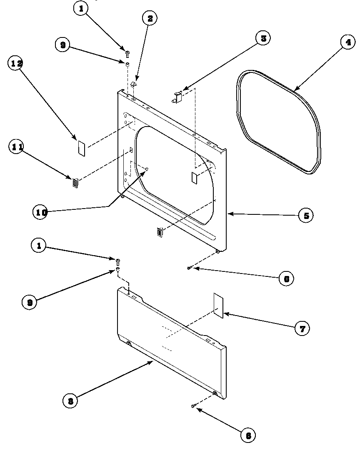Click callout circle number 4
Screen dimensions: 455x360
tap(348, 42)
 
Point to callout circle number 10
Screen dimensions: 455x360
tap(40, 211)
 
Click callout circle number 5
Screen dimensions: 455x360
tap(306, 216)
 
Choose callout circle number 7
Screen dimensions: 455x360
tap(302, 328)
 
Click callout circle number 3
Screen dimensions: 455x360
tap(263, 38)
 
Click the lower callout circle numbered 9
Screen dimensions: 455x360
tap(30, 302)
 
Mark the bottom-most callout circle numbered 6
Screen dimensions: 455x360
tap(248, 435)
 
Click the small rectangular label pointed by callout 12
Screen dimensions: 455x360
tap(82, 148)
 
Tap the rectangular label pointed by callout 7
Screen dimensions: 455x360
tap(218, 305)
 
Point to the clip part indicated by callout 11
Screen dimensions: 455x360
tap(75, 183)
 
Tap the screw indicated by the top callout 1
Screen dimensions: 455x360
tap(127, 53)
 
